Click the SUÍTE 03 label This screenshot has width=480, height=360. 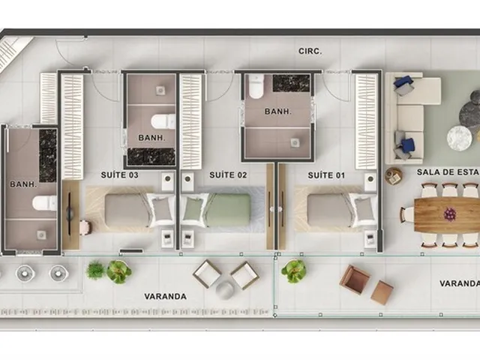coord(120,175)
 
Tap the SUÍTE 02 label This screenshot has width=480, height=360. coord(228,175)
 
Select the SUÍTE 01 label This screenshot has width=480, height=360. coord(326,175)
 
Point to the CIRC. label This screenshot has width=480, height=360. coord(310,51)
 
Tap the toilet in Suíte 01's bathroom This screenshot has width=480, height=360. coord(256,87)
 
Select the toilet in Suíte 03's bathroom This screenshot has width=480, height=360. coord(163,121)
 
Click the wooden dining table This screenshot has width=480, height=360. coord(447,214)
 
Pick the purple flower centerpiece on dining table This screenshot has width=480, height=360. coord(450,214)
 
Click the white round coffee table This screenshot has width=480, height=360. coord(459,138)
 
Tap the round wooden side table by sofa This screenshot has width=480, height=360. coord(394,175)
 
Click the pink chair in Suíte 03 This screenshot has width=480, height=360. coord(85,227)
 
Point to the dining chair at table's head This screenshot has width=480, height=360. coord(406,214)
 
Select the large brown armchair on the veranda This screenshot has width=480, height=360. coord(355,280)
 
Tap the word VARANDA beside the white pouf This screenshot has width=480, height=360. coord(165,296)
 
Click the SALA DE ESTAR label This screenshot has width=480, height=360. coord(448,172)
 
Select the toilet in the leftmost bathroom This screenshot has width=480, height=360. coord(45,203)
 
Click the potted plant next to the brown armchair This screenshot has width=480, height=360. coord(293,271)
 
